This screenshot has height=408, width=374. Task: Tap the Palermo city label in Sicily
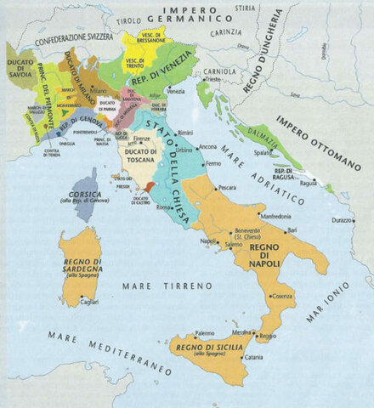point(204,333)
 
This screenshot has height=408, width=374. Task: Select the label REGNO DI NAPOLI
point(271,252)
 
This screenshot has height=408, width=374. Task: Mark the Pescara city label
point(227,187)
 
